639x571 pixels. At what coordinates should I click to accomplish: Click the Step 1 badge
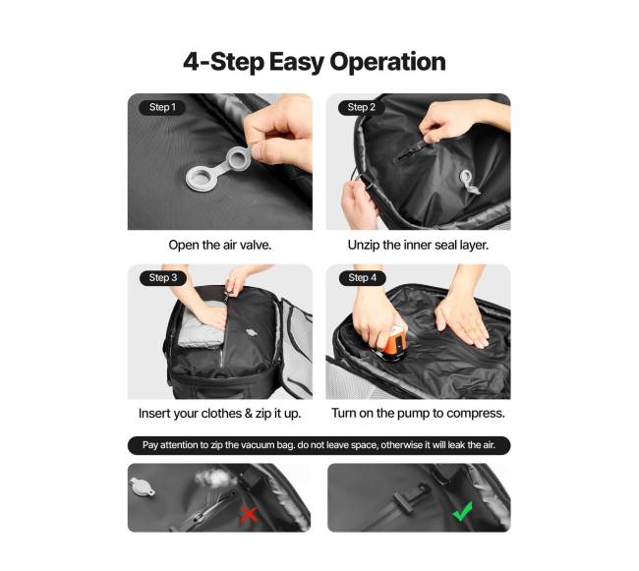[x=162, y=107]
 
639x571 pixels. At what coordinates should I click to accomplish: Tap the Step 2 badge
[x=361, y=107]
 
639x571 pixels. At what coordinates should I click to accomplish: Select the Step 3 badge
[x=162, y=278]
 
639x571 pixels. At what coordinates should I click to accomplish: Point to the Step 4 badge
[x=363, y=278]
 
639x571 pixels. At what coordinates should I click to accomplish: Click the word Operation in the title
[x=387, y=62]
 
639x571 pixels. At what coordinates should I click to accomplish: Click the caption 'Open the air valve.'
[x=219, y=245]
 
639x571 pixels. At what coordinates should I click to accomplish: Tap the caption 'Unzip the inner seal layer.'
[x=418, y=245]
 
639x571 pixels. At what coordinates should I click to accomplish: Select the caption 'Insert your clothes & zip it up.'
[x=219, y=414]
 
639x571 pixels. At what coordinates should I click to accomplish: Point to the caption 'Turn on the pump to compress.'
[x=418, y=413]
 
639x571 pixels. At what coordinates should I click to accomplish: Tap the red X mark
[x=248, y=514]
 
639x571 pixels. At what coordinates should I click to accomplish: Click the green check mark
[x=463, y=511]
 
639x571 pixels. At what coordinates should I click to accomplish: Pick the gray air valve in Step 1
[x=219, y=168]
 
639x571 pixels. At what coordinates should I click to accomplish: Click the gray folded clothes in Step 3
[x=202, y=323]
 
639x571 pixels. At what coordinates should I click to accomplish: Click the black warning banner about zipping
[x=319, y=445]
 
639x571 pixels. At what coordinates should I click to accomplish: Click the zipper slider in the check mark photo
[x=410, y=495]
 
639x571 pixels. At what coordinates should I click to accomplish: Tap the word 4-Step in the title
[x=224, y=62]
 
